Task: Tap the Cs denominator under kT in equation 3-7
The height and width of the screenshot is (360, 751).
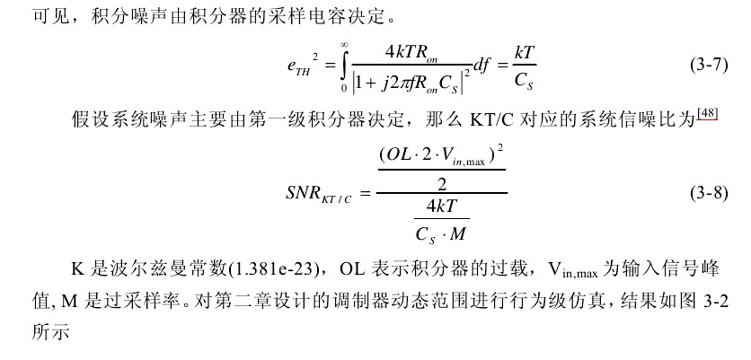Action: coord(525,80)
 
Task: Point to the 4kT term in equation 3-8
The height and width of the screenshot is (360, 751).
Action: coord(442,207)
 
